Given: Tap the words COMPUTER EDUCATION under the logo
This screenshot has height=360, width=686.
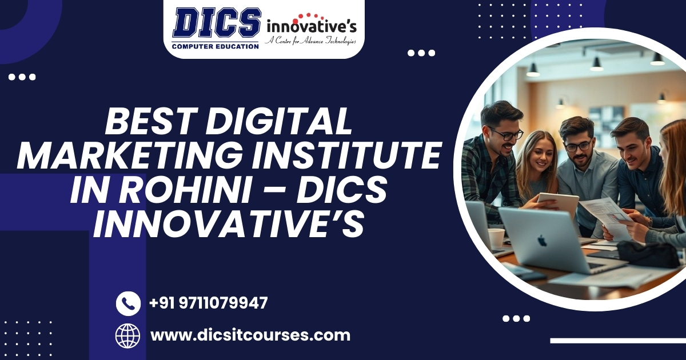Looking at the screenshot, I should pos(216,46).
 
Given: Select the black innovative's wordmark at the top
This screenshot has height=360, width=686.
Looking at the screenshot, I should pos(312,26).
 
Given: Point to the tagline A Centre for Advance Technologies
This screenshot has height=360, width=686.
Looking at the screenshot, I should pos(311,41).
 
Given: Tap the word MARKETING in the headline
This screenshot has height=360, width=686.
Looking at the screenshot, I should pos(114,155).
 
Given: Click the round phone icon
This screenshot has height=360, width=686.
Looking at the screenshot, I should pos(128,303).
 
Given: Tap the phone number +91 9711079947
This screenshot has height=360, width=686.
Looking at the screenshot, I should pos(208,303).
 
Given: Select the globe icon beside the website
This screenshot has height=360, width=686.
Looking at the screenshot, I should pos(128,335).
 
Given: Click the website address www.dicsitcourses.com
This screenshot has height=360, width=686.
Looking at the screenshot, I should pos(250,335).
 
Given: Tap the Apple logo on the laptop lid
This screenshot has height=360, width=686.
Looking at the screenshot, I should pos(542,240).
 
